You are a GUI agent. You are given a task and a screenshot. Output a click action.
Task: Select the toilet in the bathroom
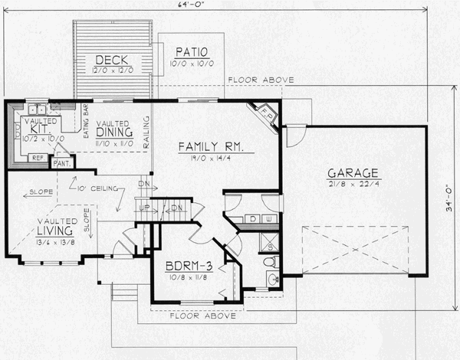270,263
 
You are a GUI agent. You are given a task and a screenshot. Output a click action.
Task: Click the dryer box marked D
252,220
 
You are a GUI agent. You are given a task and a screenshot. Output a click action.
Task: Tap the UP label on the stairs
143,208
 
